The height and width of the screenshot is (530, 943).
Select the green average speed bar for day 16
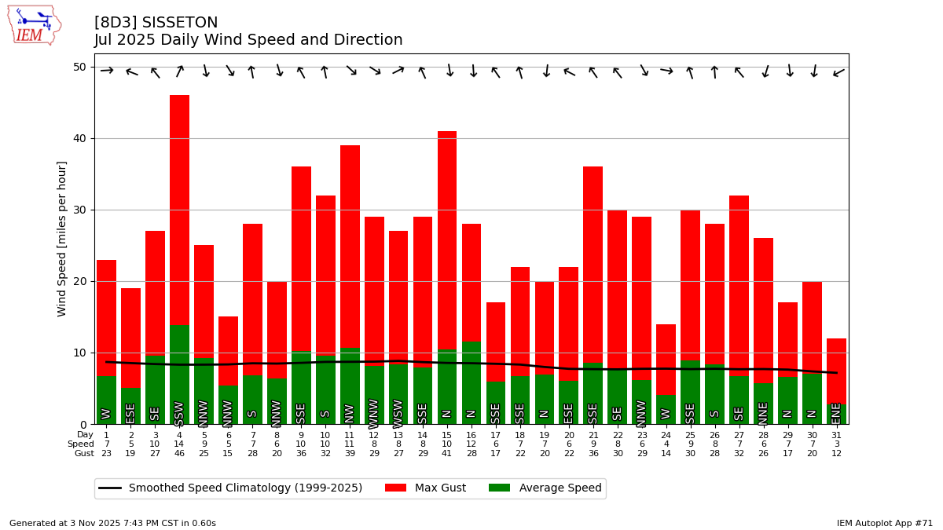coord(472,377)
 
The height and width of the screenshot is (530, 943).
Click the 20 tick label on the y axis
coord(79,281)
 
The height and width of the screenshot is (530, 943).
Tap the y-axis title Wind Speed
coord(62,239)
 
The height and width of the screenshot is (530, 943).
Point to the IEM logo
coord(34,24)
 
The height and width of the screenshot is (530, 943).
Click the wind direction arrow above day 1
coord(107,71)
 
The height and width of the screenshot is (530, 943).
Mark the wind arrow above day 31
coord(838,72)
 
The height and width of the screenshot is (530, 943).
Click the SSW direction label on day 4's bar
coord(179,413)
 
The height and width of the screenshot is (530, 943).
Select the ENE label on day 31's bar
coord(836,413)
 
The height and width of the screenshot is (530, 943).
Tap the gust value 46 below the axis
coord(179,454)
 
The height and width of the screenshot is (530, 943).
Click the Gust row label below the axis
coord(84,454)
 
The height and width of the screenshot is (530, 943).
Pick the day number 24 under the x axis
coord(666,435)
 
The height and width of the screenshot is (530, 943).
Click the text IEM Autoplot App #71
coord(884,523)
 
